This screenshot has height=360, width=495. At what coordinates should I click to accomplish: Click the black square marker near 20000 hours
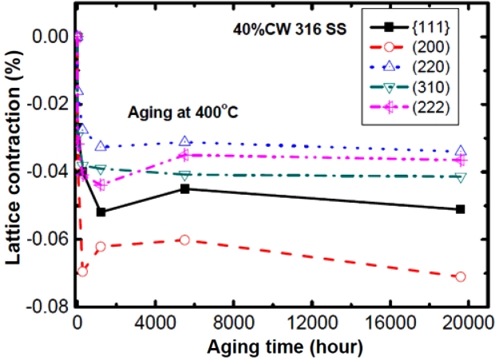461,209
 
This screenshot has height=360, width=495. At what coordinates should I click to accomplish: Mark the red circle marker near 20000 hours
461,276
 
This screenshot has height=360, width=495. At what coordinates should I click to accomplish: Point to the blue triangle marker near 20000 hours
461,151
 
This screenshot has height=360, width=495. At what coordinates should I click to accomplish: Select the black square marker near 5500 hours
184,189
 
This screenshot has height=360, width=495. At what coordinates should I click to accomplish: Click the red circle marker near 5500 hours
184,239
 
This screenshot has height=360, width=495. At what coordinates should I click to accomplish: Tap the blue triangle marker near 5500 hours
184,140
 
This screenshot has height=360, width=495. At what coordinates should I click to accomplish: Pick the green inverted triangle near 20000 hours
461,176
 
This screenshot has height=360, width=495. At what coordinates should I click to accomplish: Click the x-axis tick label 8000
233,326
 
